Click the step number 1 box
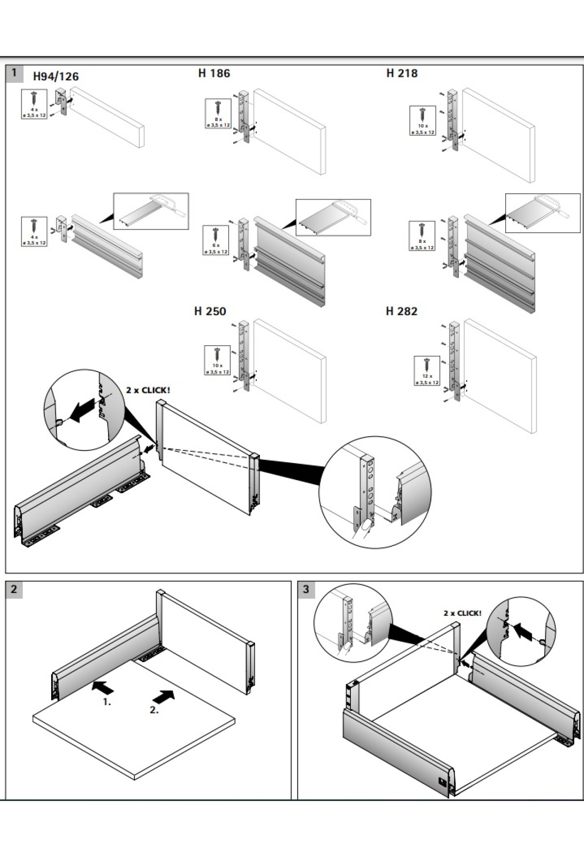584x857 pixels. click(14, 73)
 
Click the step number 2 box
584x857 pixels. click(14, 589)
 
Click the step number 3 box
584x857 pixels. click(306, 589)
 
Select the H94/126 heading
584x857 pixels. click(55, 76)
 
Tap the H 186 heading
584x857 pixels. click(214, 73)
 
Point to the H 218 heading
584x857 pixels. click(402, 73)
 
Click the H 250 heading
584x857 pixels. click(210, 311)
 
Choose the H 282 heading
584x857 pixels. click(401, 311)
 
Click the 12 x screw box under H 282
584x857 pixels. click(427, 371)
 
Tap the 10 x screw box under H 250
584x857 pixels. click(217, 360)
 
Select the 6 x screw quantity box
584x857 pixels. click(216, 240)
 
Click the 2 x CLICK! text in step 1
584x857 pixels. click(148, 390)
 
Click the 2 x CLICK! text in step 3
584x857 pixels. click(462, 613)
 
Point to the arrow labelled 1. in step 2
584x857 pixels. click(103, 687)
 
